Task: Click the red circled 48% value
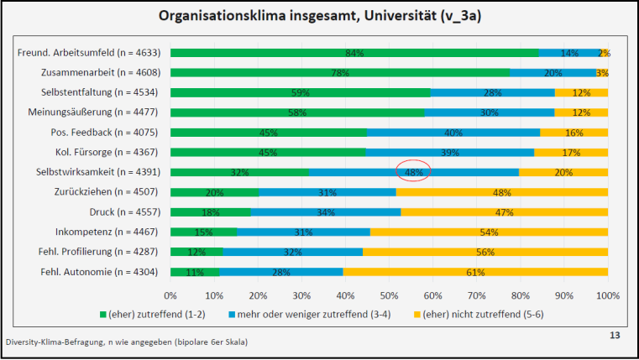pyautogui.click(x=413, y=172)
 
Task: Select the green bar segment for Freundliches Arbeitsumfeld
pyautogui.click(x=354, y=52)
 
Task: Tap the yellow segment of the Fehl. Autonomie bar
pyautogui.click(x=475, y=272)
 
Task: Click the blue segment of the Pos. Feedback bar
pyautogui.click(x=453, y=132)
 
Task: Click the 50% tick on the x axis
pyautogui.click(x=389, y=295)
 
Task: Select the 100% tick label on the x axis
pyautogui.click(x=607, y=295)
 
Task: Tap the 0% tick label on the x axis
pyautogui.click(x=170, y=295)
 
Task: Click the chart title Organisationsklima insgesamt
pyautogui.click(x=319, y=15)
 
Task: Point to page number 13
pyautogui.click(x=615, y=336)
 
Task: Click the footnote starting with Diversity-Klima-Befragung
pyautogui.click(x=126, y=342)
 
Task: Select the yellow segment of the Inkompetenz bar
pyautogui.click(x=489, y=232)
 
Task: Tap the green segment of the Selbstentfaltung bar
pyautogui.click(x=300, y=92)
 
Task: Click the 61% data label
pyautogui.click(x=475, y=272)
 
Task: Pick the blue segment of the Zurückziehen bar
pyautogui.click(x=327, y=192)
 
